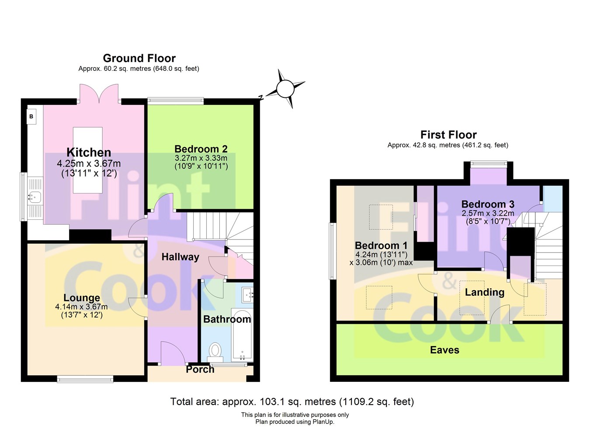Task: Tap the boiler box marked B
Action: pos(31,117)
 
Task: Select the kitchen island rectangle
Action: pos(87,160)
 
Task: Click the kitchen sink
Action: pos(35,197)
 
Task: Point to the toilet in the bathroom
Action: pos(215,350)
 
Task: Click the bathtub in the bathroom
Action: pos(241,334)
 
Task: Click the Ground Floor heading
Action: pos(139,58)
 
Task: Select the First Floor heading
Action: pos(448,135)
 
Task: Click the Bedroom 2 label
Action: pos(201,149)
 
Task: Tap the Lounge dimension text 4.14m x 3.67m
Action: pos(81,307)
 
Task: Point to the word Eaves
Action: pos(444,350)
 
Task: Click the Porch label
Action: pos(200,370)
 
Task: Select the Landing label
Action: pos(484,292)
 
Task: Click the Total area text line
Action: pos(292,401)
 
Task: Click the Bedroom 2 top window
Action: pos(176,101)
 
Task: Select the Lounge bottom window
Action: pos(85,379)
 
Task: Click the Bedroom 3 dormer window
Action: pos(489,164)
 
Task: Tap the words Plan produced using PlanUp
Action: pos(295,422)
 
